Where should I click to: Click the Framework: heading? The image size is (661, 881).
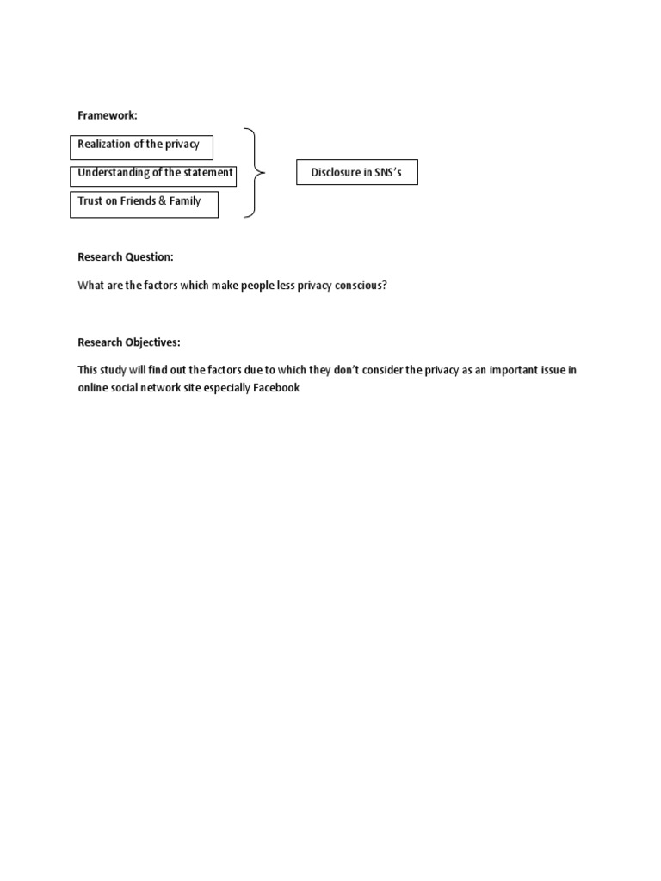point(108,116)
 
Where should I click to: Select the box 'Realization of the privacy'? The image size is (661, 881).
point(141,146)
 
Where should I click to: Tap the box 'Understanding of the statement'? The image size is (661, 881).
point(153,174)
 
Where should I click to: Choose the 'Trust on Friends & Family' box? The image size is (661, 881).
point(144,203)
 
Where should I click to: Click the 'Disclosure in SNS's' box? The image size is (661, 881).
point(356,173)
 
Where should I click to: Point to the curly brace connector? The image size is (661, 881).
point(253,173)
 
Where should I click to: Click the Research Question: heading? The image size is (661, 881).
point(126,257)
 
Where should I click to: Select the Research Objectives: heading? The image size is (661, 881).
point(129,342)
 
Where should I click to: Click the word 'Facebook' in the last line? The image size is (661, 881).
point(275,388)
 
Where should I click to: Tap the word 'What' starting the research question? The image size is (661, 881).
point(90,286)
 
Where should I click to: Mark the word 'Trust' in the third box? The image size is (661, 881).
point(90,202)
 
